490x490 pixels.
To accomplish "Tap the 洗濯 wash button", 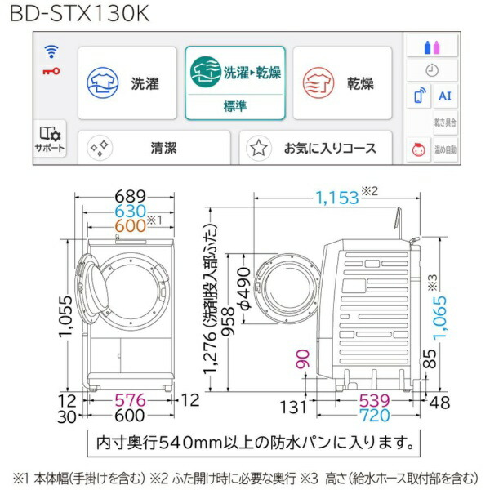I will point(127,83).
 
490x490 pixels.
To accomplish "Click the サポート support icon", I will point(50,138).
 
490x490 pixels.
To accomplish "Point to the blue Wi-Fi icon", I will point(51,51).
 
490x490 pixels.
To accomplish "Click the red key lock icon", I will point(51,71).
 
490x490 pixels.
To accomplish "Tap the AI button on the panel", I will point(444,96).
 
